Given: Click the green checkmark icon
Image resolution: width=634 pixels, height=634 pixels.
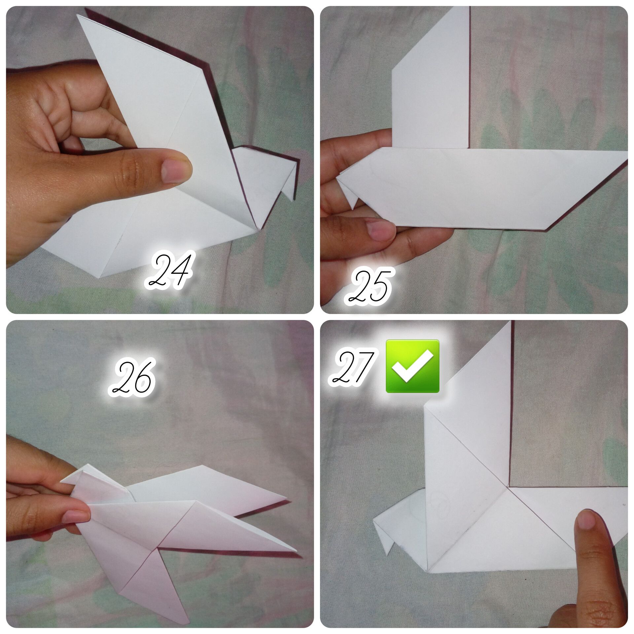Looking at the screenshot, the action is (x=412, y=366).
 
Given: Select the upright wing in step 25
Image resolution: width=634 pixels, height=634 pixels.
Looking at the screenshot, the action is (x=430, y=78).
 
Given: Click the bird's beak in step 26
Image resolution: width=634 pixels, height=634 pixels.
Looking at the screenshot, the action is (x=71, y=478).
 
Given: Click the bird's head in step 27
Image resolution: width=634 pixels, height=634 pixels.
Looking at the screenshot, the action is (x=401, y=522).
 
